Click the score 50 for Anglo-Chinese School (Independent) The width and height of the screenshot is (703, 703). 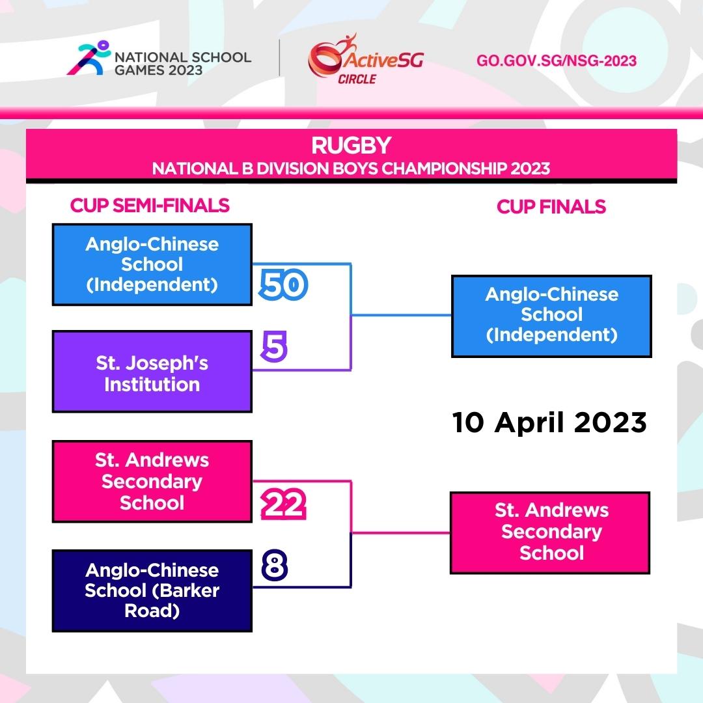(x=283, y=284)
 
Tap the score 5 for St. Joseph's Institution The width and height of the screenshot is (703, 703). (x=274, y=346)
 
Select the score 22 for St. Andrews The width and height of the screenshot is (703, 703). (x=283, y=504)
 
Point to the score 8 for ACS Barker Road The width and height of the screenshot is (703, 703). (x=275, y=566)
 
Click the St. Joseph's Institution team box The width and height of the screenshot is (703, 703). (x=152, y=372)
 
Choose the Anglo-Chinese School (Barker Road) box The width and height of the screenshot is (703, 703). (x=152, y=590)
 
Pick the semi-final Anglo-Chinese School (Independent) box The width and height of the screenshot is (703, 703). (x=152, y=264)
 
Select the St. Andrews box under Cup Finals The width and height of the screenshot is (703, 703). (x=550, y=532)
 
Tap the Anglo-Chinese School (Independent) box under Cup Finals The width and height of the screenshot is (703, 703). (x=551, y=316)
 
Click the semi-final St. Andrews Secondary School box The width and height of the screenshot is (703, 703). (x=152, y=482)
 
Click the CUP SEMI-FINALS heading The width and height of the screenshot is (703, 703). (x=150, y=205)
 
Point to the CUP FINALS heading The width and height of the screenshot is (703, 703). (x=551, y=207)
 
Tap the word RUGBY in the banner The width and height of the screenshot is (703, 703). (x=351, y=145)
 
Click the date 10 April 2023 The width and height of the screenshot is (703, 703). (x=549, y=422)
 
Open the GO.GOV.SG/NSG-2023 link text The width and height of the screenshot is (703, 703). (x=557, y=61)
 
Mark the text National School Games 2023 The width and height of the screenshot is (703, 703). (x=183, y=64)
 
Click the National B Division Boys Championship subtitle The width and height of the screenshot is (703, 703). (x=351, y=169)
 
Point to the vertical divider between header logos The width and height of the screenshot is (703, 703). (x=280, y=58)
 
